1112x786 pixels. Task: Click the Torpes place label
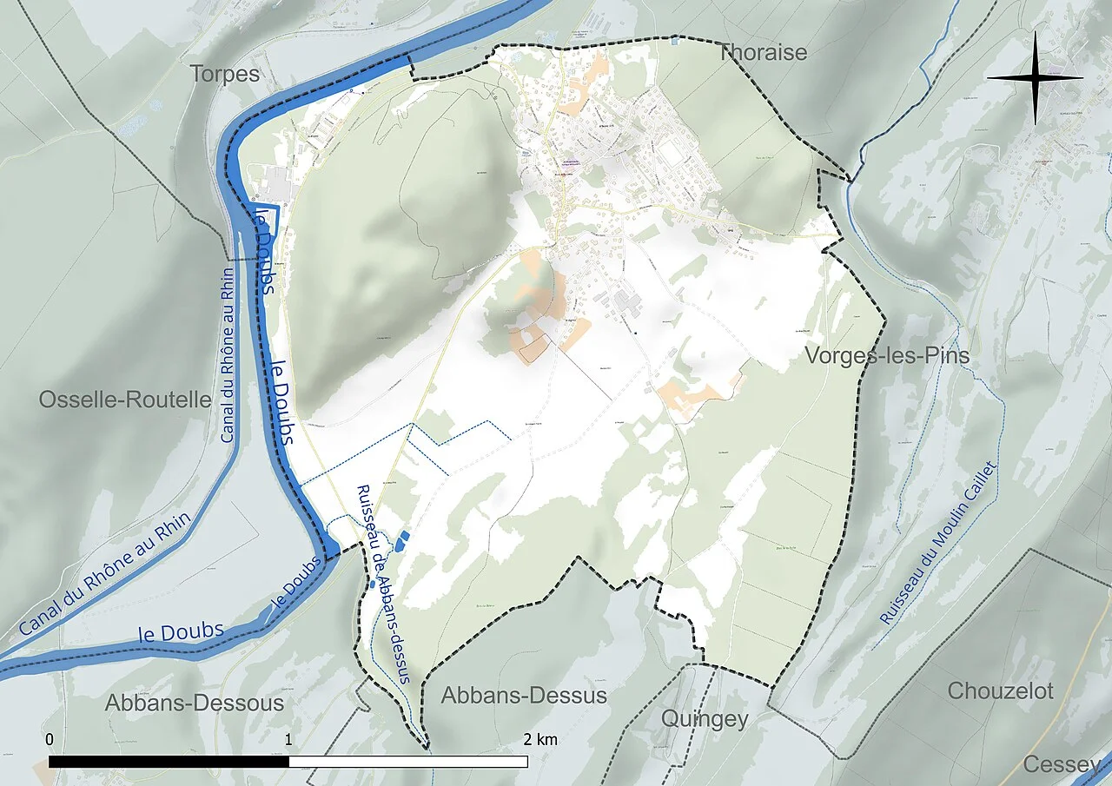click(225, 74)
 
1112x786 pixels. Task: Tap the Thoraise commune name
click(763, 52)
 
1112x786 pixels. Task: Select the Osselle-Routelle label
click(125, 400)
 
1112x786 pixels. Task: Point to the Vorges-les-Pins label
click(887, 356)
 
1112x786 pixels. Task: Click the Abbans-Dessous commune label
click(195, 703)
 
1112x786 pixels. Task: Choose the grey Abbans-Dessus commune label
click(523, 696)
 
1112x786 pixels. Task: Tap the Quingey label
click(704, 719)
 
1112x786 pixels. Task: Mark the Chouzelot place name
click(1000, 691)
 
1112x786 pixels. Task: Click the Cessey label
click(1062, 764)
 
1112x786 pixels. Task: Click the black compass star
click(1035, 78)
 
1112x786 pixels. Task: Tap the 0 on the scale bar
click(50, 740)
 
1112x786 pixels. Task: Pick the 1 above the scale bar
click(288, 740)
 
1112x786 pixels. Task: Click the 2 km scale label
click(539, 740)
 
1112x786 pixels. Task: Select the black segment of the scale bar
click(169, 762)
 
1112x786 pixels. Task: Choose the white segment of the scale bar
click(408, 762)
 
